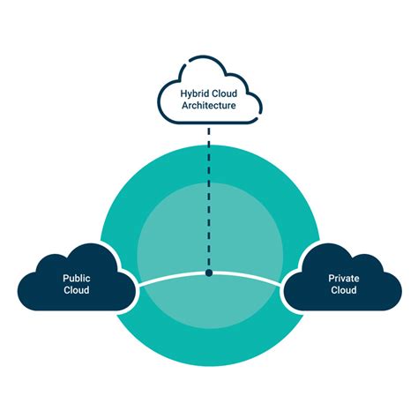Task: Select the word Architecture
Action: [x=209, y=106]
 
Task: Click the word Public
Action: [x=77, y=277]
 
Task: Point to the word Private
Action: [x=343, y=277]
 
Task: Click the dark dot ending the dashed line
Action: [x=209, y=273]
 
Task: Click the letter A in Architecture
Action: [x=183, y=106]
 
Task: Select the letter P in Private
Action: [x=331, y=277]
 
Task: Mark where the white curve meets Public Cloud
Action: [x=136, y=284]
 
